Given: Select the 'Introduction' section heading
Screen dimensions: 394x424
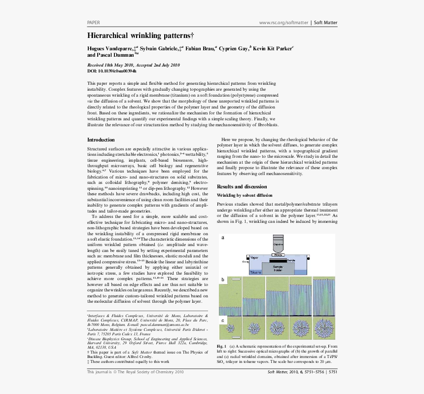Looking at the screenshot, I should tap(101, 140).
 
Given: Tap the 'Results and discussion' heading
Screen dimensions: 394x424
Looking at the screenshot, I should tap(242, 186).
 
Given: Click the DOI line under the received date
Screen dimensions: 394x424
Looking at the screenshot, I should tap(112, 71).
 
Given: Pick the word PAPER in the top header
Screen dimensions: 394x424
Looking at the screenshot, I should tap(94, 23).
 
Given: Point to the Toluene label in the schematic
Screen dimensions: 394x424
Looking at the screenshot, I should tap(256, 272).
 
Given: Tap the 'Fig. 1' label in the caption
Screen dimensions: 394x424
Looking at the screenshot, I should tap(221, 347).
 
